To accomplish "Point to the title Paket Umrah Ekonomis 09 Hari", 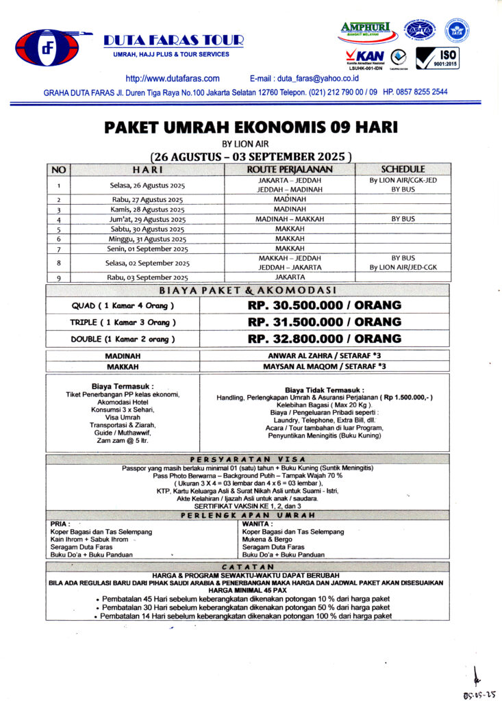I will (251, 128).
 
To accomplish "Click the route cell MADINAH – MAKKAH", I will (290, 219).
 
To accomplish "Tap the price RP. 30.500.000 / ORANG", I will (325, 305).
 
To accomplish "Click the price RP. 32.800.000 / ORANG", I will (325, 339).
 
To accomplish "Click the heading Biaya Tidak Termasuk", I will (324, 390).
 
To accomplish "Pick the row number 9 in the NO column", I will (59, 278).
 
